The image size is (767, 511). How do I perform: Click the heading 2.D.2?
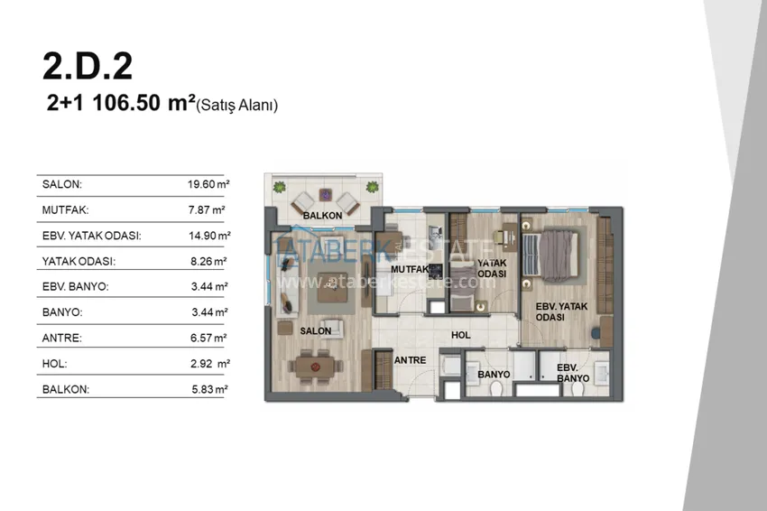tap(88, 66)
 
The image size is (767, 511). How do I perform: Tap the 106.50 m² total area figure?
tap(143, 103)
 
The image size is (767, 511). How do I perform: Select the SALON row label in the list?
tap(62, 184)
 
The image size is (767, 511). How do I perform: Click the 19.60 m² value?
tap(208, 184)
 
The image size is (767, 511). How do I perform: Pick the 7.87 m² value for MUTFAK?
tap(207, 210)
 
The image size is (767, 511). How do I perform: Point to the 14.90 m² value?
tap(209, 236)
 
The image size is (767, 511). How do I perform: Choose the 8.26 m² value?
tap(208, 262)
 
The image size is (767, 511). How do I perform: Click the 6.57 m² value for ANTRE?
tap(208, 338)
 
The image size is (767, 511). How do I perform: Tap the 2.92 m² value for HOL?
tap(210, 364)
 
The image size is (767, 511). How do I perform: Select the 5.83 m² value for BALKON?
tap(209, 390)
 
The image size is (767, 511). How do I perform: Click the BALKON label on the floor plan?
tap(322, 216)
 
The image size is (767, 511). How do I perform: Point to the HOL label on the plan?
tap(461, 335)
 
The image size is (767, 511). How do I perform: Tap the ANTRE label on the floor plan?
tap(410, 360)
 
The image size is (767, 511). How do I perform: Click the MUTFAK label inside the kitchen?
tap(410, 269)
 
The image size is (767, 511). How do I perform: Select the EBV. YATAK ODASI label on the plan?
tap(561, 311)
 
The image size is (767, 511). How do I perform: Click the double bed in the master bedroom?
tap(550, 255)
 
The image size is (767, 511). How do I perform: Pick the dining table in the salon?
tap(316, 367)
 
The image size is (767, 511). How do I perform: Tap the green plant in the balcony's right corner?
tap(373, 187)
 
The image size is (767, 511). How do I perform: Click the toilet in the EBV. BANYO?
tap(578, 388)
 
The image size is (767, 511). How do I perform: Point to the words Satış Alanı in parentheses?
tap(236, 105)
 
